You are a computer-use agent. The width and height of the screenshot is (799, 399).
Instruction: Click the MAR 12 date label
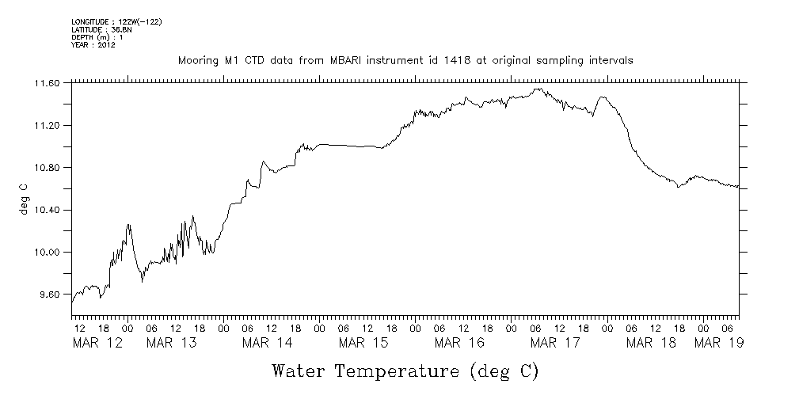point(97,343)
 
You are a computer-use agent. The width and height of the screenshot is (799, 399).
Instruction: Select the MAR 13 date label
point(171,343)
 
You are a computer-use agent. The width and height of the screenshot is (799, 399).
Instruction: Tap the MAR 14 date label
point(267,343)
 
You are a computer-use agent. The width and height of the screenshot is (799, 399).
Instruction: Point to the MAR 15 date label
point(363,343)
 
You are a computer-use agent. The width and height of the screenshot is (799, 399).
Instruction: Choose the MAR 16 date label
point(459,343)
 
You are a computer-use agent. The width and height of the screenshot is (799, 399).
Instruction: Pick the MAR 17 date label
point(555,343)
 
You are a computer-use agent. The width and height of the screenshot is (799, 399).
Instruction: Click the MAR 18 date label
point(651,343)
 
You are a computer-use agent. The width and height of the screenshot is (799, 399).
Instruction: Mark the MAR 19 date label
point(718,343)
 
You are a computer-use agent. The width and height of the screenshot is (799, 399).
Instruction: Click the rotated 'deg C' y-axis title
point(24,199)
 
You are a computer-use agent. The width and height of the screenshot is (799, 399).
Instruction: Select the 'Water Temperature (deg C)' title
point(405,370)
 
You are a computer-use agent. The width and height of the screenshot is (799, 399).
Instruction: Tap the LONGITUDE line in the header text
point(116,21)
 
